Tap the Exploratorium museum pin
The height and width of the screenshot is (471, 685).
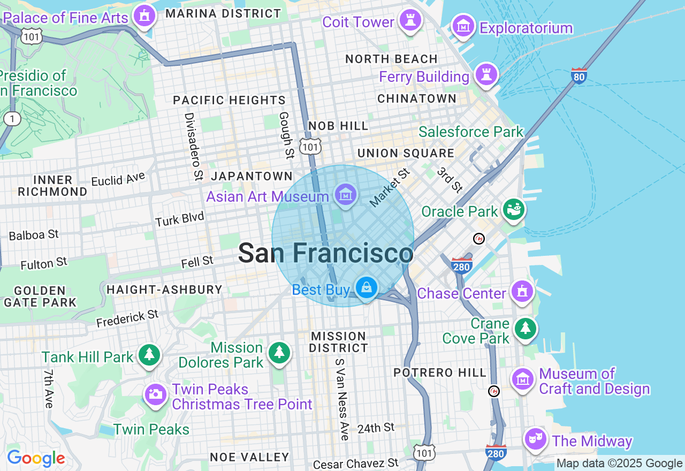[463, 26]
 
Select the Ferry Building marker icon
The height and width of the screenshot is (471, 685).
[486, 74]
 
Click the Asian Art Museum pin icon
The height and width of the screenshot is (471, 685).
[346, 195]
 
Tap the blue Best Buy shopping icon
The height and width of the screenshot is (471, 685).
[367, 288]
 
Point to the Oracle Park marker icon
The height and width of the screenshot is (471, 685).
[514, 210]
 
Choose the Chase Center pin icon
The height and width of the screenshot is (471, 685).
[522, 292]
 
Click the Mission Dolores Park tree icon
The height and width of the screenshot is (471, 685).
[279, 353]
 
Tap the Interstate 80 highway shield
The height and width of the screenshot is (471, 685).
[579, 75]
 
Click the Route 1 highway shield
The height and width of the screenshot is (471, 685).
[11, 118]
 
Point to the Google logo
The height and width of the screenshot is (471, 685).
[36, 458]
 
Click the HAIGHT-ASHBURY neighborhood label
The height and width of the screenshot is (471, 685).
[164, 290]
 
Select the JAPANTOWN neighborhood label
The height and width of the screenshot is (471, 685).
[252, 176]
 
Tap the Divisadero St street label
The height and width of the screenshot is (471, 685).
[194, 146]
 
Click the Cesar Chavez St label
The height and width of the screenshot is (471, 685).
[356, 464]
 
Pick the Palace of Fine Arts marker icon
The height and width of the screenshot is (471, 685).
[144, 16]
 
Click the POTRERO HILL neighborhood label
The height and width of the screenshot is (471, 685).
[440, 373]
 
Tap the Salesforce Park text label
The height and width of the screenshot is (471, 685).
[471, 132]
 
